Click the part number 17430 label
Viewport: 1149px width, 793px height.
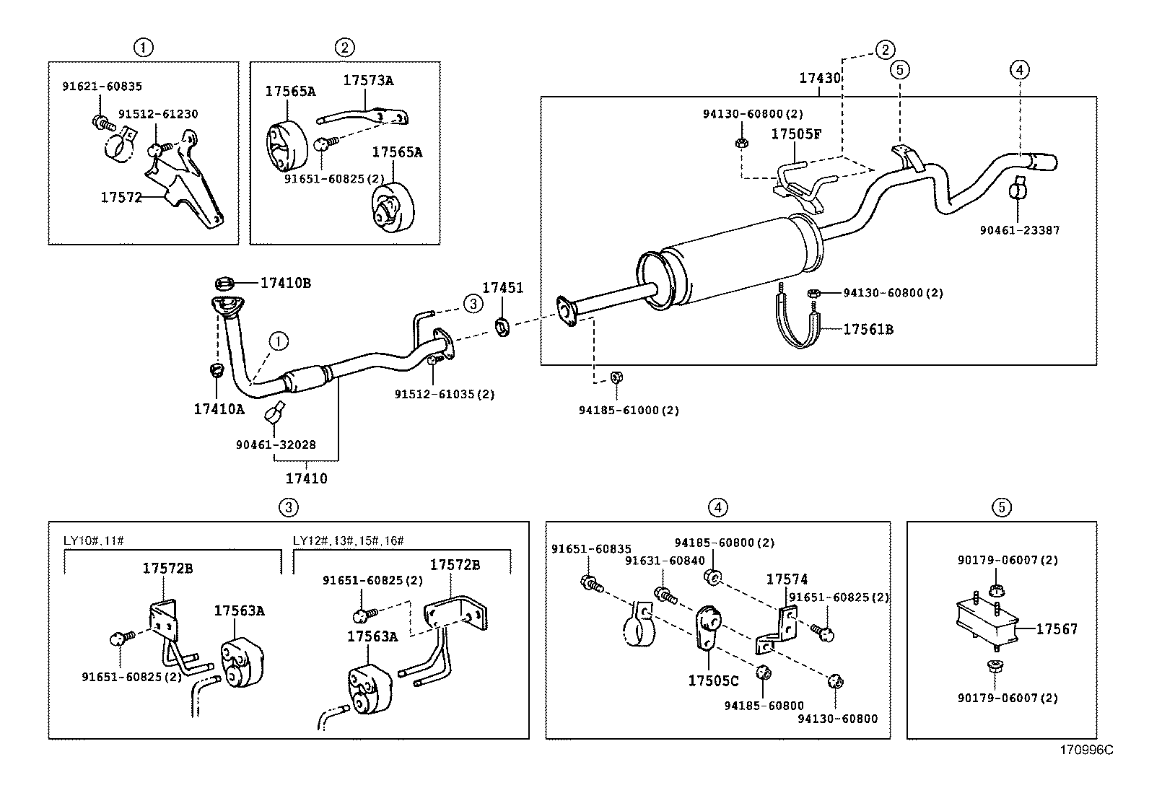coord(819,78)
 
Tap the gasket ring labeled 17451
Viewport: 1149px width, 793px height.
coord(503,327)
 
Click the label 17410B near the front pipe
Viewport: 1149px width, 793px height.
coord(285,283)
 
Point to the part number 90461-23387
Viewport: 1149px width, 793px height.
coord(1019,230)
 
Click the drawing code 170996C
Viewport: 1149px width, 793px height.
coord(1085,750)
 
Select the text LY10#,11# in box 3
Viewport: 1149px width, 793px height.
coord(93,540)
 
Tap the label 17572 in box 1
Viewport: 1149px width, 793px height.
coord(121,197)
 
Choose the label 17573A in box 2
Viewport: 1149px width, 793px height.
coord(367,80)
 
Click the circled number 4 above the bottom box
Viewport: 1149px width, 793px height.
coord(717,507)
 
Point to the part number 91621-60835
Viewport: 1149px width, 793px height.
coord(102,86)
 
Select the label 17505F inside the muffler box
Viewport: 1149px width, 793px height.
coord(796,133)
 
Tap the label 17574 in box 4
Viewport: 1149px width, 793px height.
coord(787,579)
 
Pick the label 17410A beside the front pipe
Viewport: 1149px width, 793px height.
coord(219,409)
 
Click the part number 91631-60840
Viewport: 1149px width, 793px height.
coord(655,560)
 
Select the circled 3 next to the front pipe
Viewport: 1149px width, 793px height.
coord(472,304)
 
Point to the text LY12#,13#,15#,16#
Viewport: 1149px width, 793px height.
coord(349,540)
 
